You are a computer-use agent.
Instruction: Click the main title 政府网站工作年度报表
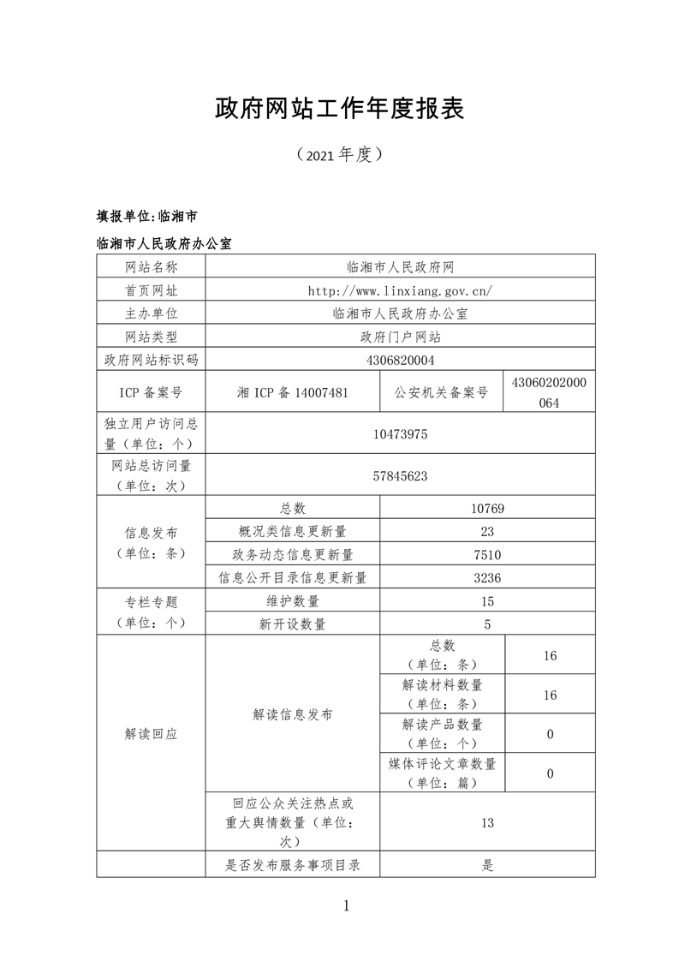(339, 109)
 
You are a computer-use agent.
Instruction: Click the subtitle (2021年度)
(339, 155)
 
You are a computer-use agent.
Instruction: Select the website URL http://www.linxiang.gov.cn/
(401, 290)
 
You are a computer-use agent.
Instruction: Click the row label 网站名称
(151, 267)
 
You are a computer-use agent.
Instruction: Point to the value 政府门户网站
(401, 337)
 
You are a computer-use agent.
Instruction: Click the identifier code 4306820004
(401, 360)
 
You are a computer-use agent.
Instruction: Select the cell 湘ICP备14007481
(292, 392)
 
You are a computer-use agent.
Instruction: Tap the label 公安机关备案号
(441, 392)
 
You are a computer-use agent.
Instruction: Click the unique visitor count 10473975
(401, 434)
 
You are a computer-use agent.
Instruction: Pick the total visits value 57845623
(401, 475)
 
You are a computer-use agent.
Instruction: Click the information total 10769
(487, 509)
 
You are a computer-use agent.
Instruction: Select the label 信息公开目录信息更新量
(292, 577)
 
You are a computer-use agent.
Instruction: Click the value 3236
(487, 577)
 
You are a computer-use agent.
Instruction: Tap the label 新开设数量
(292, 624)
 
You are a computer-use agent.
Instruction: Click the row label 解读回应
(151, 734)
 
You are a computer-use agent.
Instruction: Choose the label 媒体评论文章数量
(442, 763)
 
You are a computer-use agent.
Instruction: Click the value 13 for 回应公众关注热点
(487, 823)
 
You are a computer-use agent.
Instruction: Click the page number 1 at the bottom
(346, 905)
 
